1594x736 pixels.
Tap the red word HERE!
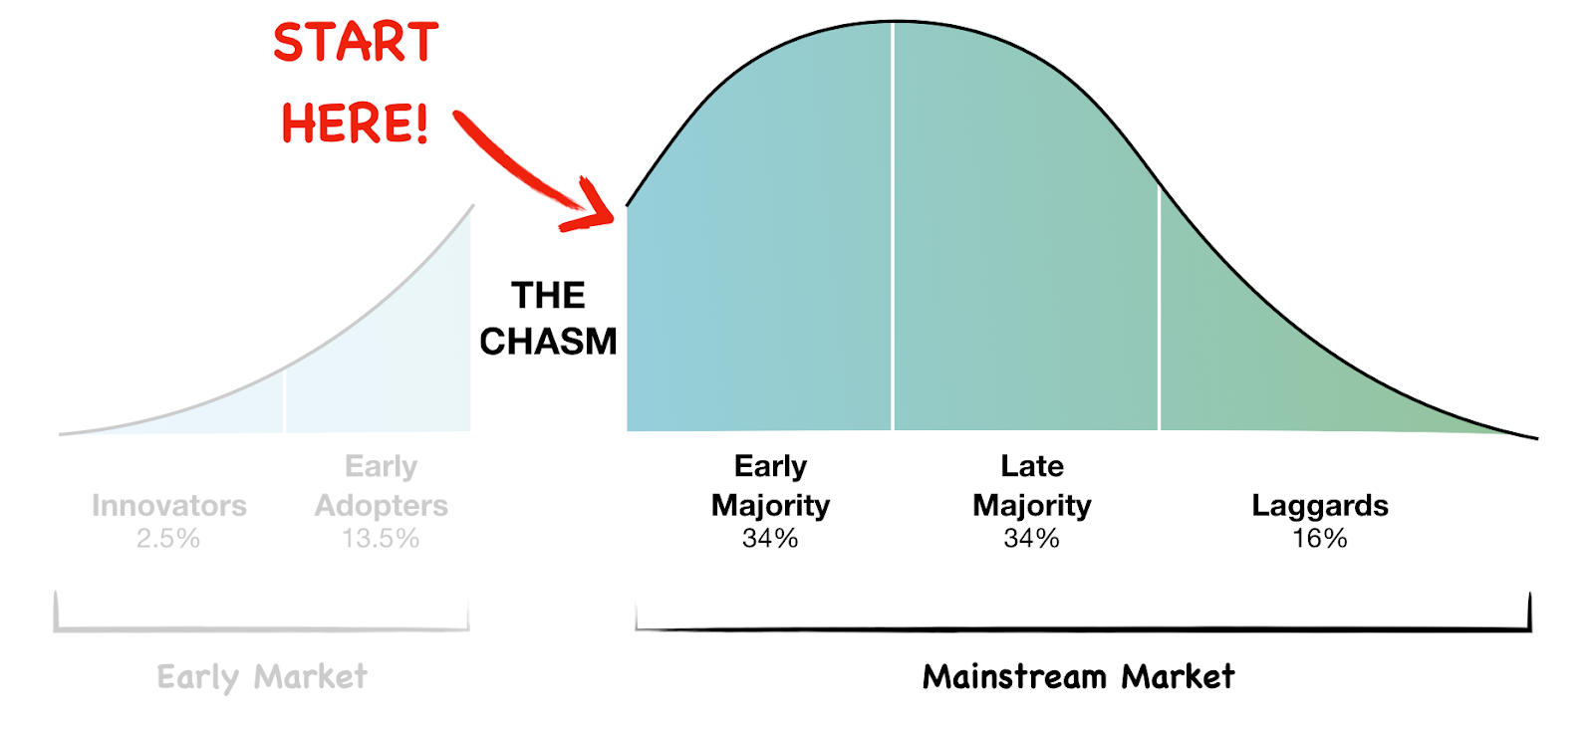click(x=356, y=123)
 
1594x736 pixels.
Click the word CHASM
click(x=548, y=342)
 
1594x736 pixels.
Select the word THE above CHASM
click(x=548, y=295)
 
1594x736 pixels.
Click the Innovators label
click(x=169, y=506)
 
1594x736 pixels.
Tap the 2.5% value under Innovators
click(x=168, y=539)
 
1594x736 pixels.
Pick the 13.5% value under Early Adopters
click(x=381, y=539)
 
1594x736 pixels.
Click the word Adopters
click(x=382, y=506)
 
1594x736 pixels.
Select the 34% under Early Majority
click(x=770, y=539)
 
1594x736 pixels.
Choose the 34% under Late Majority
click(x=1032, y=539)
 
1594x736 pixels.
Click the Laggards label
click(x=1320, y=506)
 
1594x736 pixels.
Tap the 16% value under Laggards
click(x=1320, y=539)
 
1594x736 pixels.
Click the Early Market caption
click(x=262, y=677)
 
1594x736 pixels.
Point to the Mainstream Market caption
click(x=1079, y=676)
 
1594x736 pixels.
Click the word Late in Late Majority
click(x=1032, y=466)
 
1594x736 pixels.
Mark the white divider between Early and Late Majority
click(x=893, y=226)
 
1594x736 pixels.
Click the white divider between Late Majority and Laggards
click(x=1160, y=307)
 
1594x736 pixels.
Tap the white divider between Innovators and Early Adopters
click(x=284, y=401)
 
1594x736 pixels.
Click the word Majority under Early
click(x=771, y=507)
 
